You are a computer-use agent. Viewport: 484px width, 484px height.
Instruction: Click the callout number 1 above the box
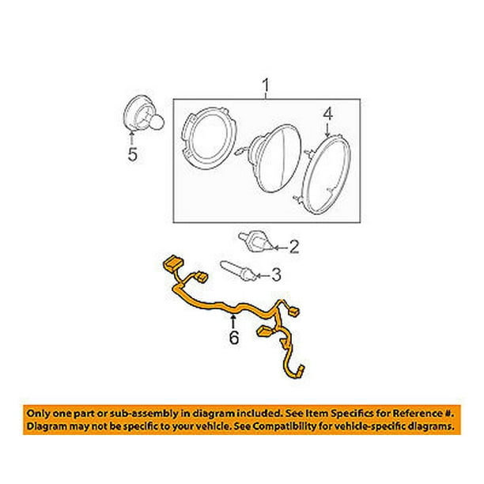[267, 84]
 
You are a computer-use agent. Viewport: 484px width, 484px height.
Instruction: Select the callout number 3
[276, 275]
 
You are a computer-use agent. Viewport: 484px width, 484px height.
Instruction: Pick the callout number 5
[133, 156]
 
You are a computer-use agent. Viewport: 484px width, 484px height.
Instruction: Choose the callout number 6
[234, 336]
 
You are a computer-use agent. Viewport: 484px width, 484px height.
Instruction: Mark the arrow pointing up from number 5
[133, 141]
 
